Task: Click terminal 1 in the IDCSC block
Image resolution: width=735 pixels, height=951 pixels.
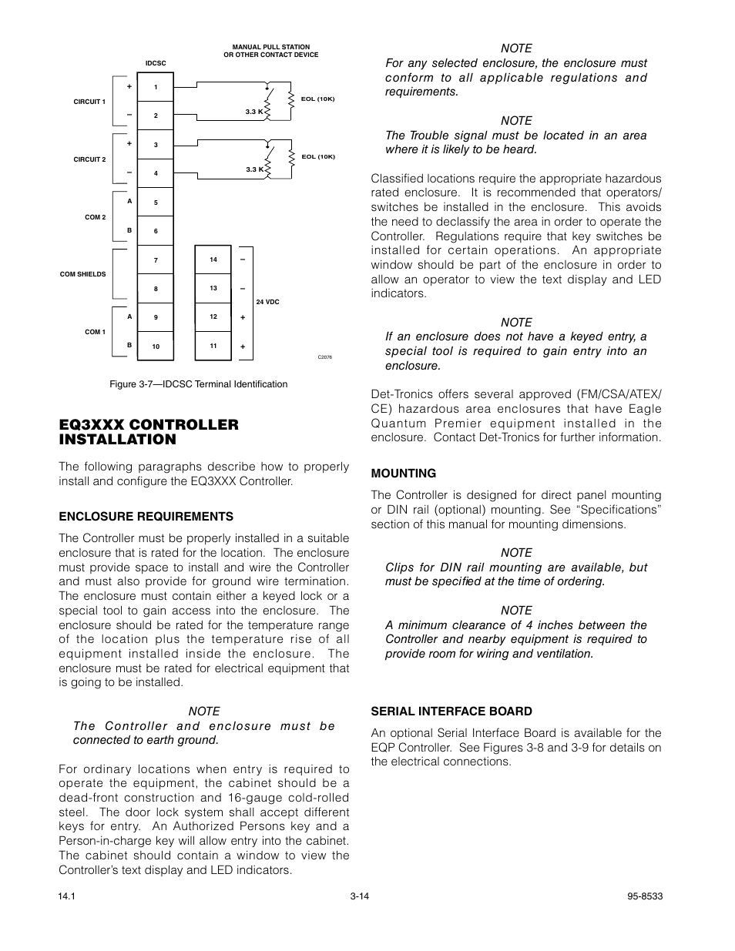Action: (x=156, y=87)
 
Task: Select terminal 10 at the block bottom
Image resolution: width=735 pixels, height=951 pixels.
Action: (x=156, y=347)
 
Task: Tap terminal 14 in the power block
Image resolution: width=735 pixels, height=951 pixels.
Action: (x=213, y=260)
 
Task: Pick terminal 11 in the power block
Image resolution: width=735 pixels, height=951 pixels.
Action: (x=213, y=346)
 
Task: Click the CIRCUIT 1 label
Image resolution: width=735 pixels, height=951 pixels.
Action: (x=89, y=102)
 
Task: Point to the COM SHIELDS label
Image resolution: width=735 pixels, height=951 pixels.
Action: (x=83, y=274)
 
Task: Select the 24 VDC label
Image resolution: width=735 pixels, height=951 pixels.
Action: (x=267, y=303)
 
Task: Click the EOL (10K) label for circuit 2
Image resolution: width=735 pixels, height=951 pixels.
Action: (x=317, y=156)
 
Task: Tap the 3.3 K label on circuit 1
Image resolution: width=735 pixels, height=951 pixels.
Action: (x=254, y=112)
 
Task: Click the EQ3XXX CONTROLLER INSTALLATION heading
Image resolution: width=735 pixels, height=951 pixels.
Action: (x=149, y=432)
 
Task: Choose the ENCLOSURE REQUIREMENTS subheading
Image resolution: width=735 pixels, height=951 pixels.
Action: (x=146, y=517)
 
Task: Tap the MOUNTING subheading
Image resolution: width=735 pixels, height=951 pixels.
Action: (x=403, y=474)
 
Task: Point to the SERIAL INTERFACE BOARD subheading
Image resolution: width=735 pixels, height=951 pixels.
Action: (x=451, y=712)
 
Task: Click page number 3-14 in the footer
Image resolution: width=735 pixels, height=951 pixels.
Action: (x=360, y=896)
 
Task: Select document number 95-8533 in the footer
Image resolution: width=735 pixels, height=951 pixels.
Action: (x=646, y=896)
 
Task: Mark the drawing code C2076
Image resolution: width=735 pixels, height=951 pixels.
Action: (x=324, y=357)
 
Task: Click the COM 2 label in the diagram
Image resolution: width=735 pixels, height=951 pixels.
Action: (x=95, y=217)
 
